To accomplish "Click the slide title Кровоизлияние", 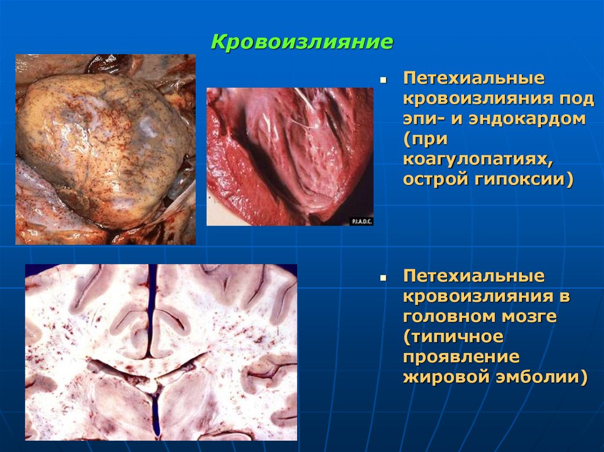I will point(302,42).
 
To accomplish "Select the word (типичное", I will point(454,337).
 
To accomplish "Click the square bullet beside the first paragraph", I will point(383,78).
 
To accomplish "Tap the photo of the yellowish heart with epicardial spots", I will point(105,149).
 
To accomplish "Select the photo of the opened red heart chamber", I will point(289,156).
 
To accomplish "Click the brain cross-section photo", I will point(160,352).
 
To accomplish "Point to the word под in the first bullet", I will point(579,98).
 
